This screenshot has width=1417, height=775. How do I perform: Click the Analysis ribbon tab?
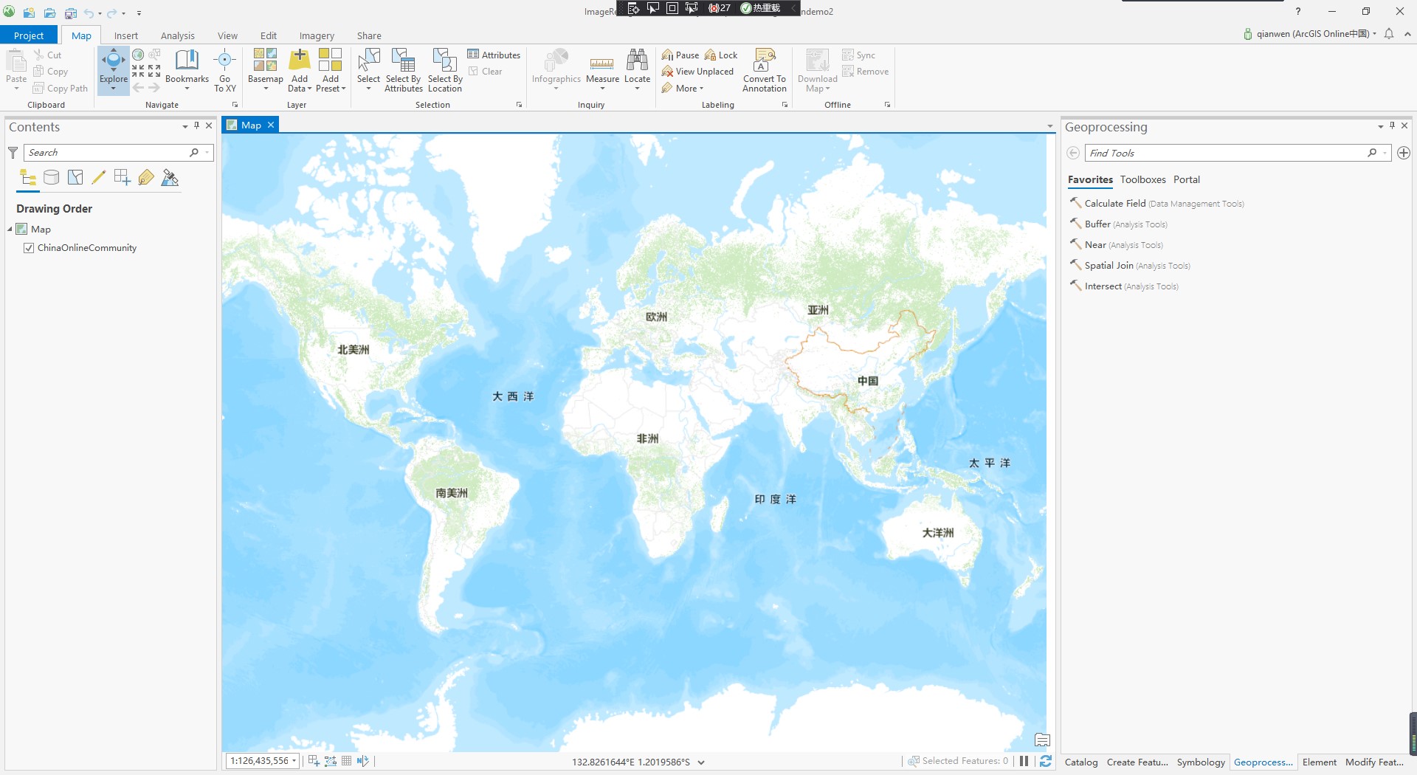click(x=177, y=35)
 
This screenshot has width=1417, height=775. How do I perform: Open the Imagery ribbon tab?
click(x=317, y=35)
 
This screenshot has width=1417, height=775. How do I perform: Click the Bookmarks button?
click(x=187, y=67)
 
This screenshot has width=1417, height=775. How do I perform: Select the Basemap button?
click(x=266, y=67)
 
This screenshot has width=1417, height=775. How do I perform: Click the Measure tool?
click(x=602, y=67)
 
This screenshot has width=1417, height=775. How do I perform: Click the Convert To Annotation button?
click(x=764, y=70)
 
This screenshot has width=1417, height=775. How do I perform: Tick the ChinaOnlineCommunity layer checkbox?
click(x=29, y=248)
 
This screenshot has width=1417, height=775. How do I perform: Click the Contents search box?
click(x=108, y=152)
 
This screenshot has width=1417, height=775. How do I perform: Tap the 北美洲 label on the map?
click(x=354, y=350)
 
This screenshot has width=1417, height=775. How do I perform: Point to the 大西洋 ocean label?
click(x=513, y=396)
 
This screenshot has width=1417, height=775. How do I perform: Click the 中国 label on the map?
click(x=867, y=381)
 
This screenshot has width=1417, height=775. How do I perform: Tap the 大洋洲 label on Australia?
click(x=937, y=532)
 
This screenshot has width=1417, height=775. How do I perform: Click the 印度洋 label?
click(x=775, y=500)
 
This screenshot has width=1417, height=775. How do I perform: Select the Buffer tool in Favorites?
click(x=1097, y=224)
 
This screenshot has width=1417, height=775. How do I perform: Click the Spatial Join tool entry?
click(x=1109, y=266)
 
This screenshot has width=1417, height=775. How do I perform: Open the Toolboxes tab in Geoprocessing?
click(x=1142, y=179)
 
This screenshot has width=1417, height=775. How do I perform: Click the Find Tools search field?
click(x=1225, y=153)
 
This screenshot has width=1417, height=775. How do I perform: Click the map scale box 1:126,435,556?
click(x=259, y=761)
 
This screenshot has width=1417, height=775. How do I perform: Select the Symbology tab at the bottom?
click(x=1200, y=762)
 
